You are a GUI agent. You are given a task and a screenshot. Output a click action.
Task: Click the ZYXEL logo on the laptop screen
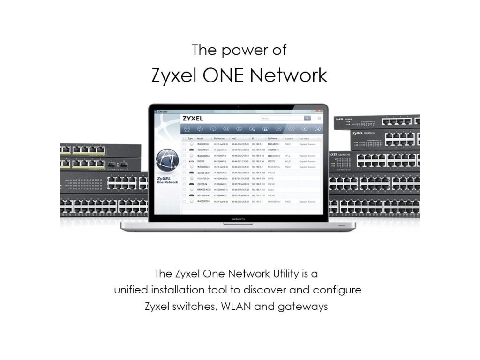[x=193, y=118]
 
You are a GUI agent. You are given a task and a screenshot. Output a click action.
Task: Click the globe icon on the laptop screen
[x=167, y=161]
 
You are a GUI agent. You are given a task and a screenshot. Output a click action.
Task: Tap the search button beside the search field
[x=307, y=118]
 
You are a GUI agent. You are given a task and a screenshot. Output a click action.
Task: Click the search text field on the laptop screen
[x=281, y=118]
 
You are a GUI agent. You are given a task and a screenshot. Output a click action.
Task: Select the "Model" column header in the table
[x=200, y=139]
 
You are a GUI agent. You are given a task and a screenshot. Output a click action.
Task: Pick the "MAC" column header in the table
[x=234, y=139]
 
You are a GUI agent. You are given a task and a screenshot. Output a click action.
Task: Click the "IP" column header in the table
[x=253, y=139]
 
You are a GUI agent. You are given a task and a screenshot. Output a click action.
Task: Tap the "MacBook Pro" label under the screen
[x=239, y=219]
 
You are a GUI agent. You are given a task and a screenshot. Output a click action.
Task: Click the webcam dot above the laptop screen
[x=239, y=107]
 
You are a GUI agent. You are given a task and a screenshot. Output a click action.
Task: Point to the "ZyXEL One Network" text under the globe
[x=167, y=180]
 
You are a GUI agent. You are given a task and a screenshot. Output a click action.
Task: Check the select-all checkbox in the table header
[x=184, y=139]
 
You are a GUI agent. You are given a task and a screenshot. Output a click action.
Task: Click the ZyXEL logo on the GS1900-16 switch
[x=358, y=133]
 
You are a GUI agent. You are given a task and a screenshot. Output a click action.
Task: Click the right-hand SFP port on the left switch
[x=124, y=165]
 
